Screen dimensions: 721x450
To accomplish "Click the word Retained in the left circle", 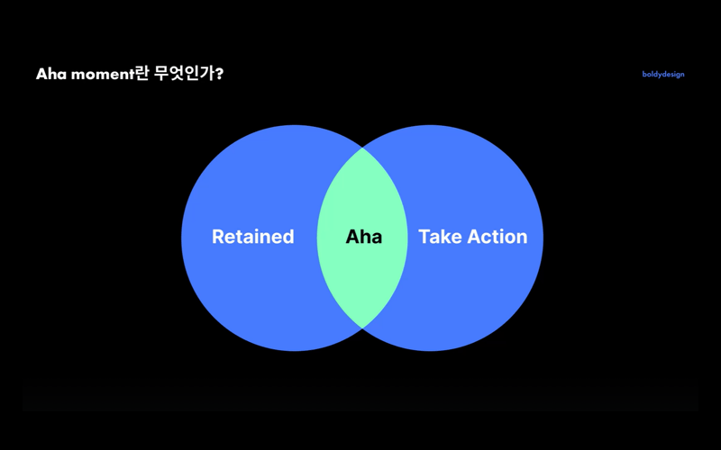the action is (x=253, y=237).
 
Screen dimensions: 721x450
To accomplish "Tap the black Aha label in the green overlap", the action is (x=364, y=237).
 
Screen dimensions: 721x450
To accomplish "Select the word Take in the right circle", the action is (x=440, y=237).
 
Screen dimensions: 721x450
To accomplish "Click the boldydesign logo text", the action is (x=663, y=75).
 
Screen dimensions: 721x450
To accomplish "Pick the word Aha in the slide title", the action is (x=51, y=74).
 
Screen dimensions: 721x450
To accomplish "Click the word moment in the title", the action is (x=103, y=75).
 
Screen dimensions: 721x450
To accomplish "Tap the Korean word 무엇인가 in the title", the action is (x=184, y=74).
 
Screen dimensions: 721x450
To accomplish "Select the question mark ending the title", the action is (x=219, y=74).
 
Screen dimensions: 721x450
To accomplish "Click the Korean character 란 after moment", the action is (x=142, y=74).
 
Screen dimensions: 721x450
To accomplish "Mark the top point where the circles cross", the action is (x=362, y=148).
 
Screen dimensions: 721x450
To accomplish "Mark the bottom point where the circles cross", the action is (x=362, y=328).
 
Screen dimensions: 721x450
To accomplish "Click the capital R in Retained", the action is (x=218, y=237).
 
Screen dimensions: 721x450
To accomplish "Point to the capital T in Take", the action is (x=424, y=237).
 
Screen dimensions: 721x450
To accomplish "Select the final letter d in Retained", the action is (x=288, y=237).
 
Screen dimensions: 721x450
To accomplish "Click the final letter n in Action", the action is (x=522, y=238).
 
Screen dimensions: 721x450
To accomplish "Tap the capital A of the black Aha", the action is (x=353, y=237).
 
